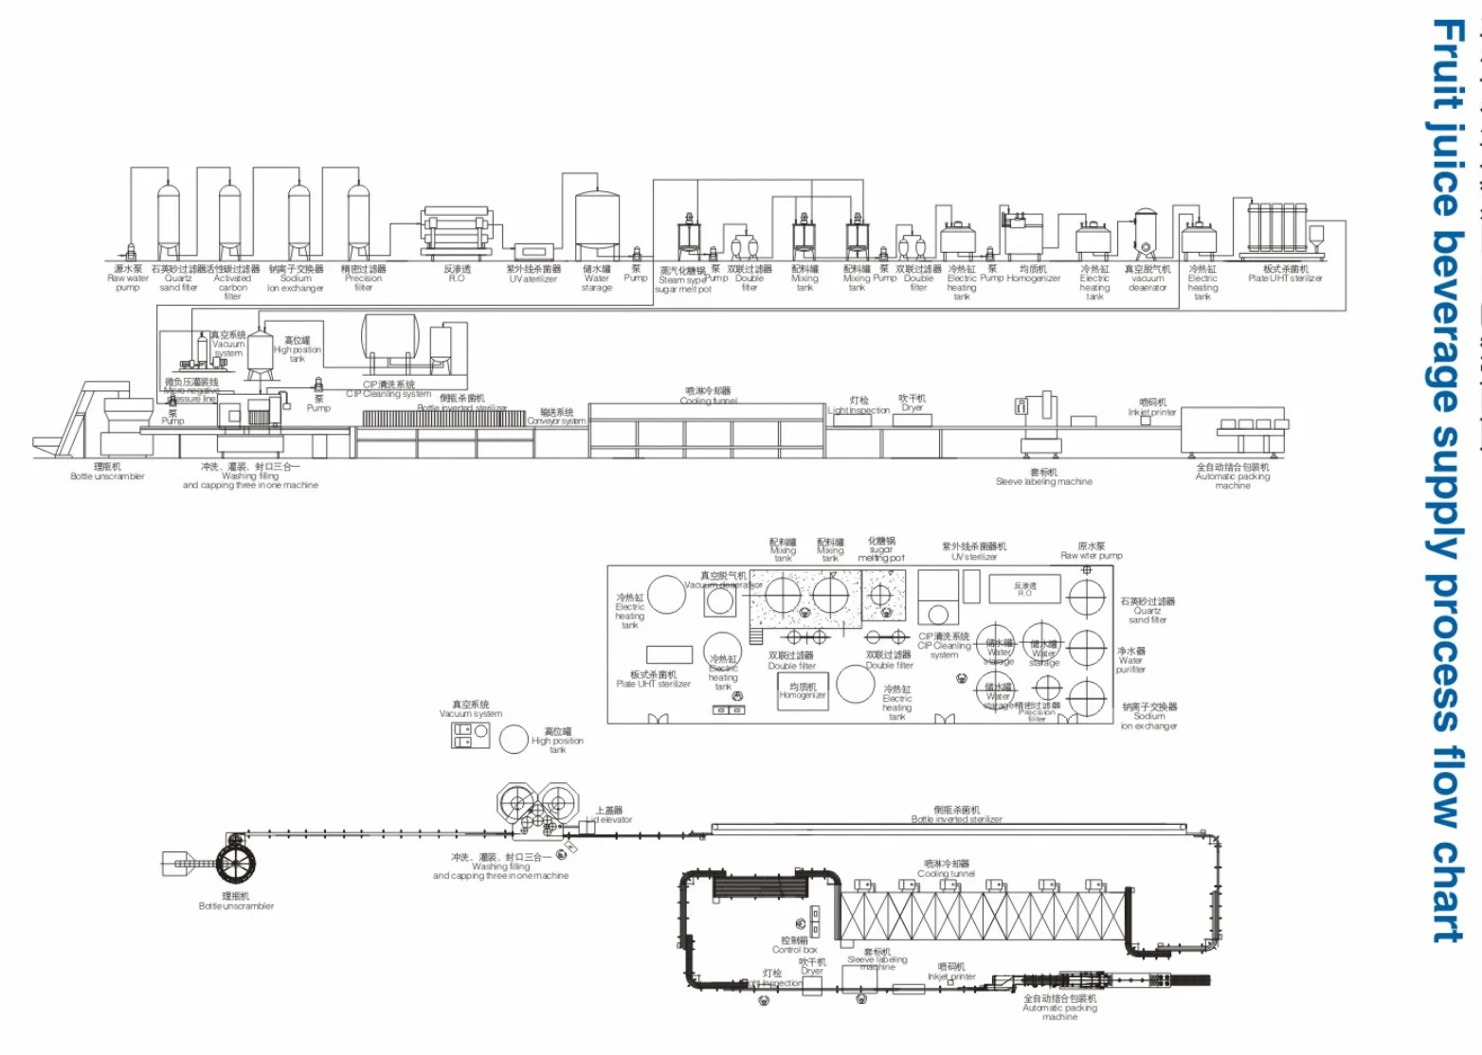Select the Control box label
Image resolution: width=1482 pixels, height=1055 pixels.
795,945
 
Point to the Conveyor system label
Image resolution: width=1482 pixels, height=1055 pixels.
557,417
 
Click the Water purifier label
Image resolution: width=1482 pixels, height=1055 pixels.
1130,660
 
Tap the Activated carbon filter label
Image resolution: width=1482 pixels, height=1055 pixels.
232,282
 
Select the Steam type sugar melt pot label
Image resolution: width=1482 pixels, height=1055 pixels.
682,279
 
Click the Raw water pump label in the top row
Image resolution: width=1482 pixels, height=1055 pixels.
128,278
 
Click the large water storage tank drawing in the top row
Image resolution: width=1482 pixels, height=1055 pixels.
598,220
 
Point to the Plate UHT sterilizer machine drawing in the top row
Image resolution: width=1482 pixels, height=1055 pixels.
1282,230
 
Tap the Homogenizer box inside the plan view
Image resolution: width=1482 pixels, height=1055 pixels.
803,690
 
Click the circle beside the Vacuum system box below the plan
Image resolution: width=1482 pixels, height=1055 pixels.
514,740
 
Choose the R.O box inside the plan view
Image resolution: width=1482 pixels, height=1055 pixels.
1024,588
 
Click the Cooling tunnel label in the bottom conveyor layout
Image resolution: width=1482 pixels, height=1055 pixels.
946,869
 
